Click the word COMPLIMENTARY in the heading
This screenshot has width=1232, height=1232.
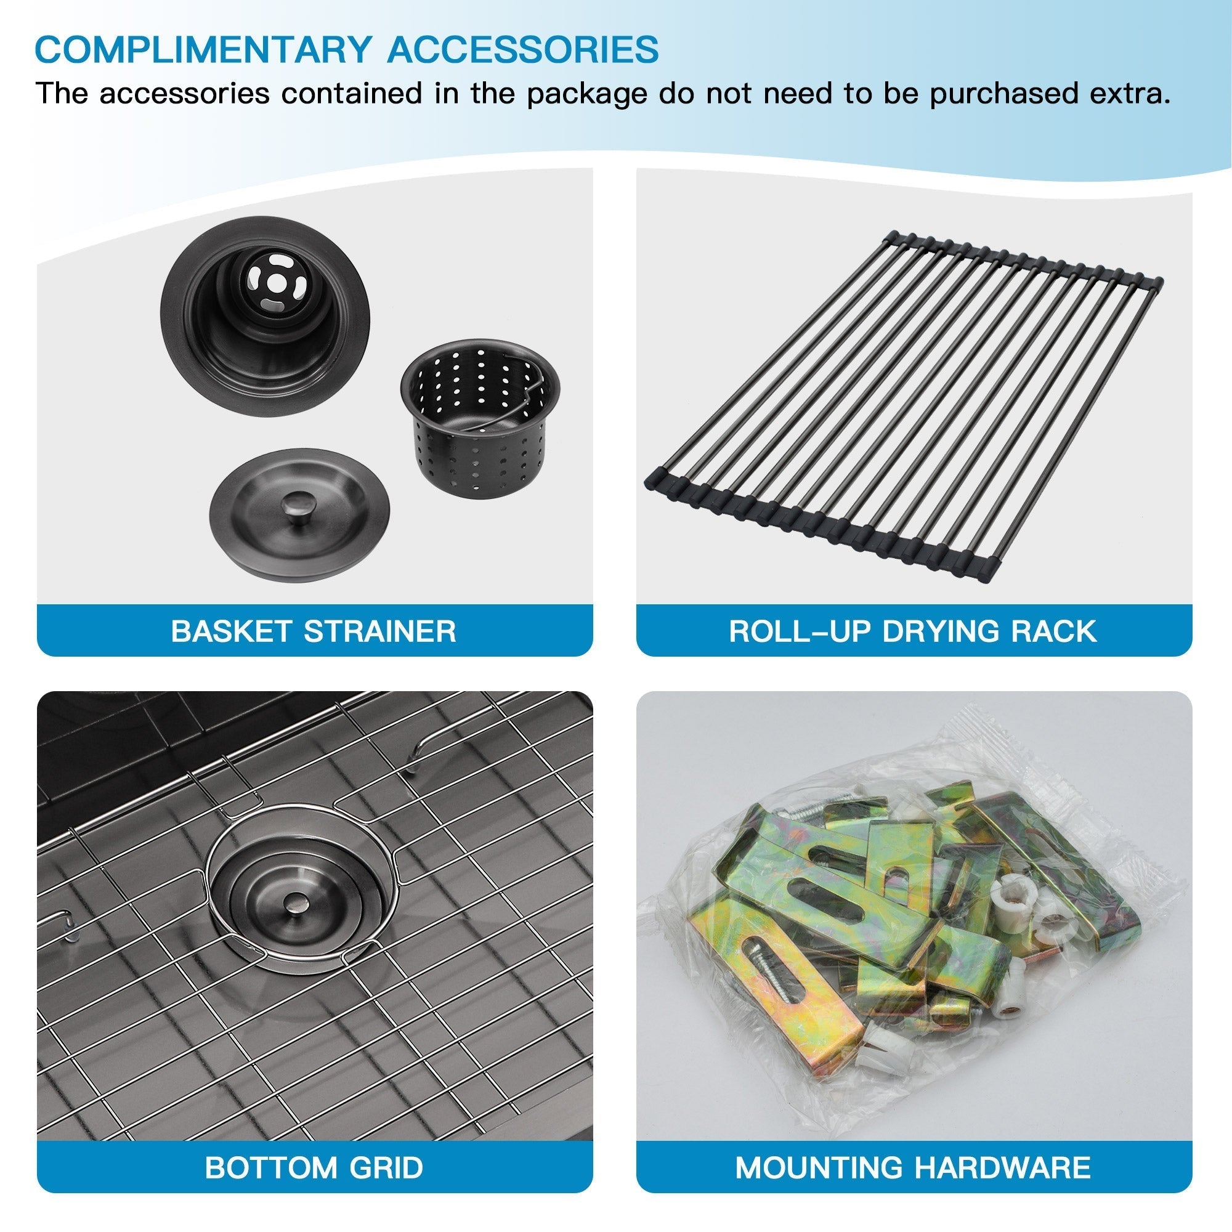[x=203, y=49]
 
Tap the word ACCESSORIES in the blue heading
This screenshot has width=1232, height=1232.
[x=523, y=49]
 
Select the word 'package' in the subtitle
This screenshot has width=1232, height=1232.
[x=587, y=94]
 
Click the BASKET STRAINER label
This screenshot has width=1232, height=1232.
[x=314, y=631]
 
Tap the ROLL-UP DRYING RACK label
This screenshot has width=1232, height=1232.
[x=912, y=631]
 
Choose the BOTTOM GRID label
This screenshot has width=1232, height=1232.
[x=314, y=1167]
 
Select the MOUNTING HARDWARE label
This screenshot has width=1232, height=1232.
[x=912, y=1167]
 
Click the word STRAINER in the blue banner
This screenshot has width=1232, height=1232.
[x=380, y=631]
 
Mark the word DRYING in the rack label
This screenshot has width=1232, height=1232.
[x=941, y=631]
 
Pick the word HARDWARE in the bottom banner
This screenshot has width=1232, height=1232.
[x=1002, y=1167]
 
